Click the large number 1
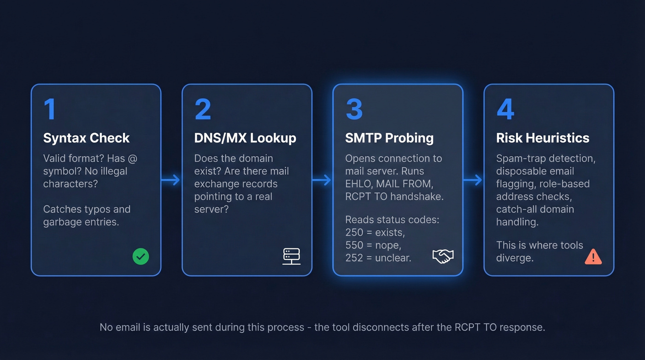point(49,109)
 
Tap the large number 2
point(202,109)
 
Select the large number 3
point(354,109)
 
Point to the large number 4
point(505,109)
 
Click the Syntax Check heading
point(86,138)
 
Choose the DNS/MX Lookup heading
point(245,138)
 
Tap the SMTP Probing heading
point(389,138)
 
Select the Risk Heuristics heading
point(542,138)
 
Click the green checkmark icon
point(141,256)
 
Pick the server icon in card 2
point(291,256)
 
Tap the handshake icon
point(443,256)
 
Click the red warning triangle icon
point(593,256)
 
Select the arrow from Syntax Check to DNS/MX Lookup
point(171,180)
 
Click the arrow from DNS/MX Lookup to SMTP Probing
point(322,180)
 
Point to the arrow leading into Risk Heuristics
point(473,180)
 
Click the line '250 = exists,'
point(375,233)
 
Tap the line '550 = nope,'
point(373,245)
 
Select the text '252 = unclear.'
point(378,258)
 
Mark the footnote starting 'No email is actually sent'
point(322,328)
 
